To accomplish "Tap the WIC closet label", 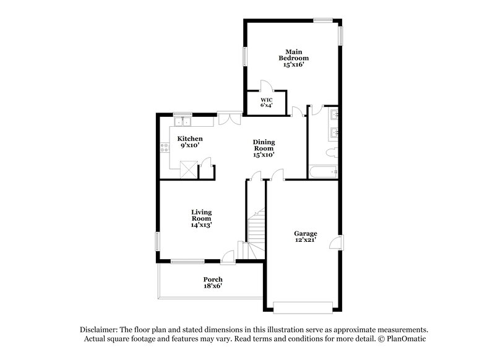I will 266,100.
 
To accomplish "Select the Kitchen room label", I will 190,139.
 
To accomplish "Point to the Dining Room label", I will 264,146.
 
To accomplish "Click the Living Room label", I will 201,215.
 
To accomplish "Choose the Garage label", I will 306,233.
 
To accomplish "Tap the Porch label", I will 213,279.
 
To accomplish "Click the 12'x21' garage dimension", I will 306,240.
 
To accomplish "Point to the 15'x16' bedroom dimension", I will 293,63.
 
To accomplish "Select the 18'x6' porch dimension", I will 213,286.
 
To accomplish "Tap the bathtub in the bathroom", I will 322,172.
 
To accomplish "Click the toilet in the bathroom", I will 330,152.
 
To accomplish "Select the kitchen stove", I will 165,147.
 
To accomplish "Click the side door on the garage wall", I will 337,242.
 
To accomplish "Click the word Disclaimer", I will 100,330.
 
